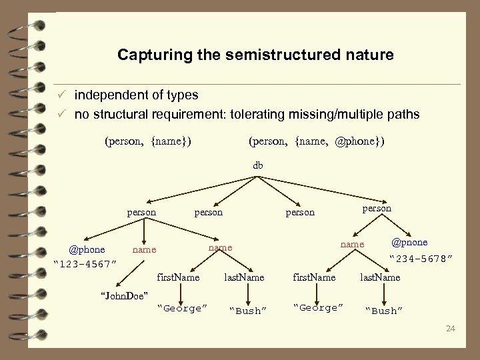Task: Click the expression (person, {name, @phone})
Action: point(316,141)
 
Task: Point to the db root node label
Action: point(258,165)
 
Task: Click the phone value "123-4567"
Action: point(85,264)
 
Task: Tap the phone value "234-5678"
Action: point(422,257)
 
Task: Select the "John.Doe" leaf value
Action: point(123,295)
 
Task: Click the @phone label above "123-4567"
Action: point(87,250)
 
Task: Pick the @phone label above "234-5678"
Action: point(409,242)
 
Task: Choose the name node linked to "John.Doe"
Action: point(145,250)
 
